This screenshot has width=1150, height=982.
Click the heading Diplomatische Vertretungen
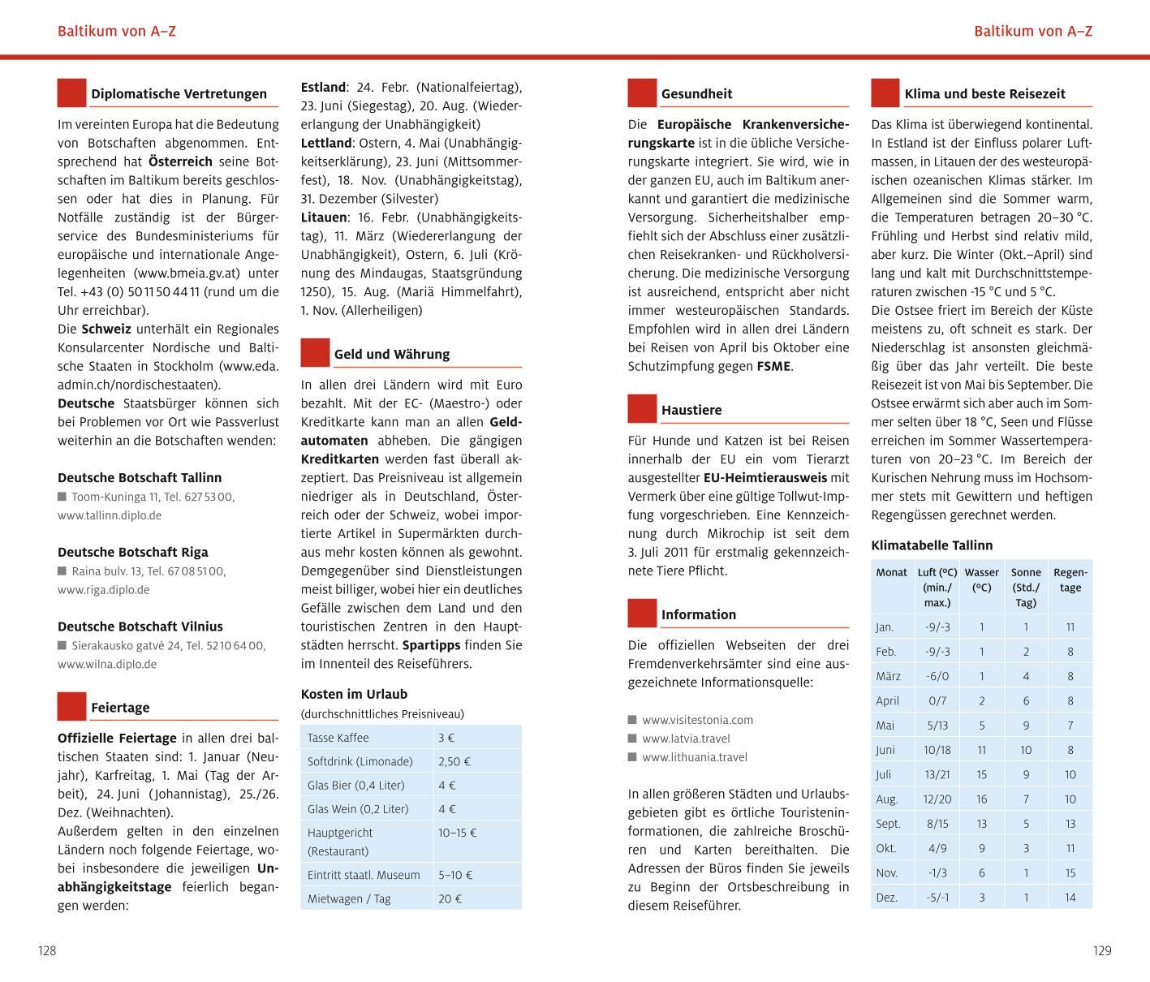click(179, 94)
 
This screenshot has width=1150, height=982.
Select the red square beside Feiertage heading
click(71, 706)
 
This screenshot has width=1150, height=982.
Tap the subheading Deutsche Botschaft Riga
click(132, 553)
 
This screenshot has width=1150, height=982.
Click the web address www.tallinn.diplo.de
click(110, 515)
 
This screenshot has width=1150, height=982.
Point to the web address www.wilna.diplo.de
click(107, 664)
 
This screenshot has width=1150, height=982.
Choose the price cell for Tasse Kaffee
click(446, 738)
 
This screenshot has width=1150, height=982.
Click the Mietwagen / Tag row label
click(349, 898)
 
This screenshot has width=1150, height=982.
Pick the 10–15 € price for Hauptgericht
click(458, 833)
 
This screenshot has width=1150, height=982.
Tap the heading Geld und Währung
click(391, 355)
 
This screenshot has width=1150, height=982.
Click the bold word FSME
click(773, 366)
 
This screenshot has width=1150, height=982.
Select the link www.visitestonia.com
click(697, 720)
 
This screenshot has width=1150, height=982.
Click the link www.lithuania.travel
click(694, 757)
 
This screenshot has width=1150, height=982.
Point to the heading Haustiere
click(691, 411)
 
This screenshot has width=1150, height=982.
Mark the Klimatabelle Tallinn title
click(932, 545)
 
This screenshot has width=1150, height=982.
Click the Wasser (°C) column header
click(981, 579)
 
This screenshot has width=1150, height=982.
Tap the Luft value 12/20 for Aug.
click(937, 799)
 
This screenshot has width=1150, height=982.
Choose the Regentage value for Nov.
click(1070, 873)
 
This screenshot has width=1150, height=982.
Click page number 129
click(1101, 951)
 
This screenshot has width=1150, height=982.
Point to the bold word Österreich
click(180, 162)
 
